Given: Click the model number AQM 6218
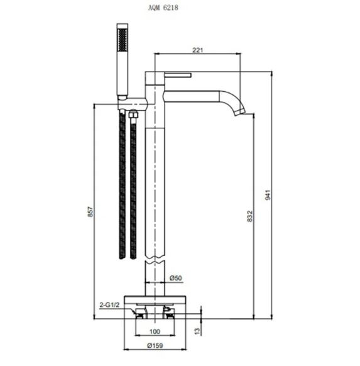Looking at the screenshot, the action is pos(163,8).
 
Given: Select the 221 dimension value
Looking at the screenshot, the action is pos(198,50).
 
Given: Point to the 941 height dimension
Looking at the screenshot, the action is pos(268,195).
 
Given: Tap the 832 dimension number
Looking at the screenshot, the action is pos(250,216).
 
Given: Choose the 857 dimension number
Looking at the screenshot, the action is pos(90,212).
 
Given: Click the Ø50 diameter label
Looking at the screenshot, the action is pos(175,278).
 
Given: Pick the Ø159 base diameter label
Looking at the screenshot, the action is pos(155,345).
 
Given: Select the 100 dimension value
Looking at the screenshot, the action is pos(155,331).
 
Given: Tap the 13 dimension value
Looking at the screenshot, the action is pos(197,331).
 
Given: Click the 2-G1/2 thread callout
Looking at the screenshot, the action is pos(109,305).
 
